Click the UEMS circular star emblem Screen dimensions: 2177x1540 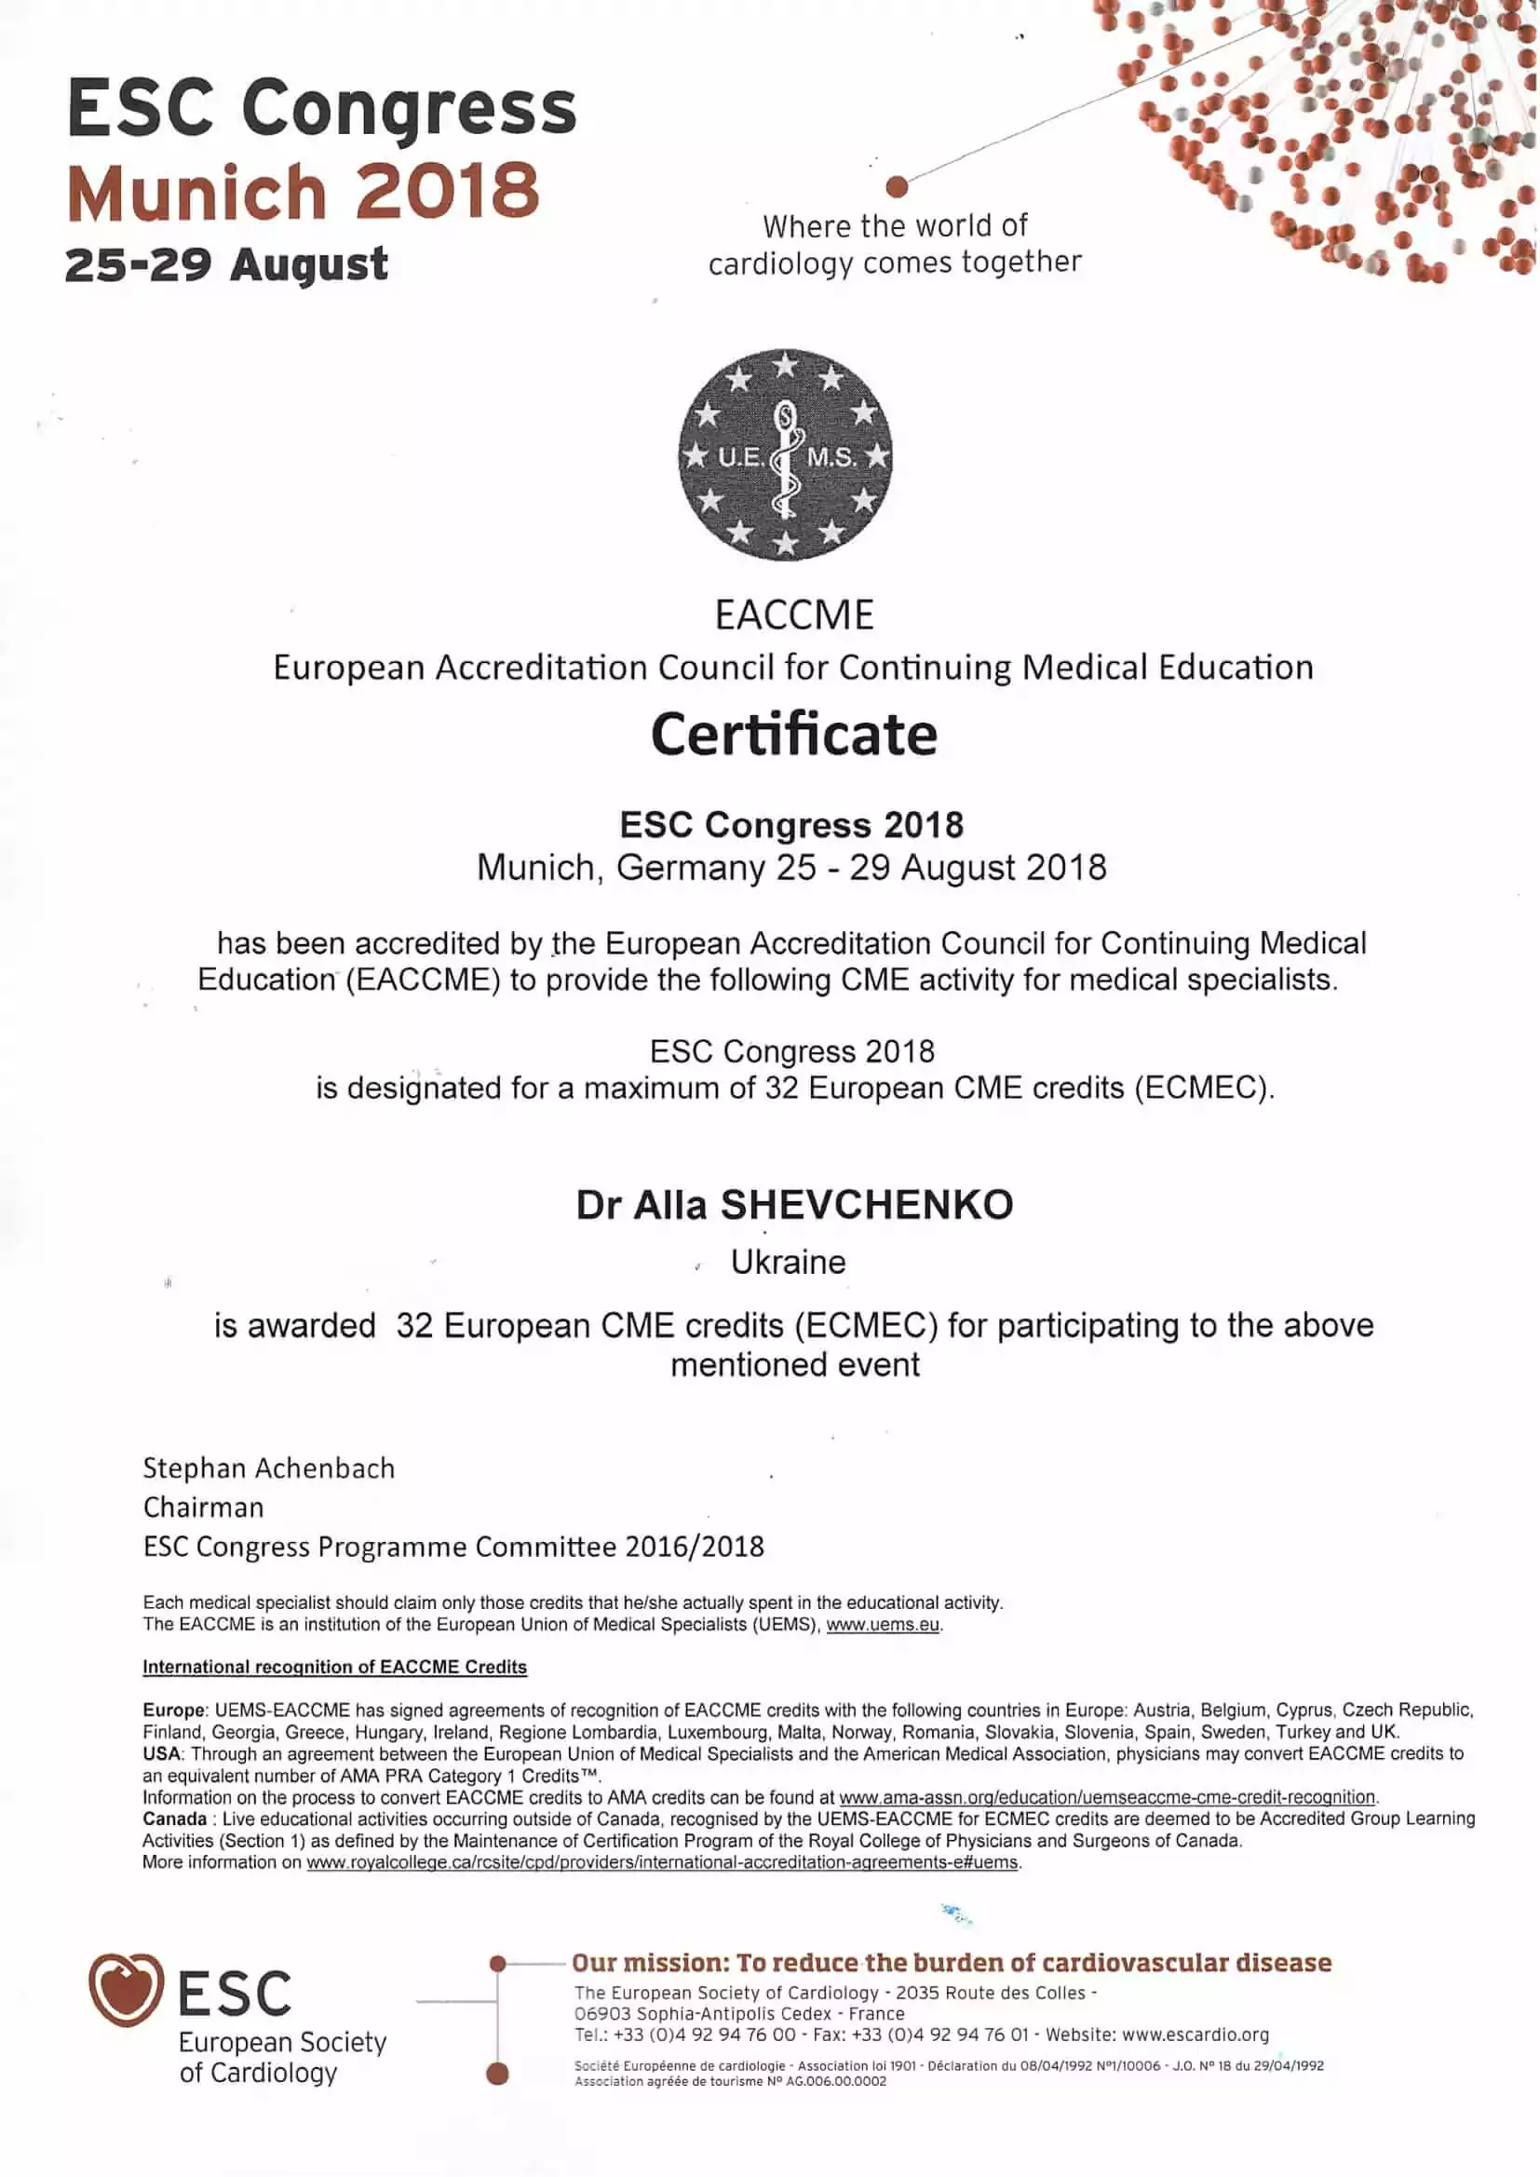[x=785, y=454]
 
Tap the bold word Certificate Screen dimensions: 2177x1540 [x=793, y=735]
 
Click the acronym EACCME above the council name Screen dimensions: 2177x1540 [x=793, y=615]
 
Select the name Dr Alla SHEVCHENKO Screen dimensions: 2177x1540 [x=793, y=1204]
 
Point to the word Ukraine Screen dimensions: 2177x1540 [x=787, y=1262]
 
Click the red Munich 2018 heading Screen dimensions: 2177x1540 [x=304, y=192]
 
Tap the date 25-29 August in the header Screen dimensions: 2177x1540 [x=226, y=264]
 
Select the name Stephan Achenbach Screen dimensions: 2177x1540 [x=268, y=1467]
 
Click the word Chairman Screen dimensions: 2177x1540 [x=203, y=1507]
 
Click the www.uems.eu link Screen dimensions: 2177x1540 [x=883, y=1624]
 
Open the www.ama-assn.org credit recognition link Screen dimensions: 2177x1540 [x=1107, y=1797]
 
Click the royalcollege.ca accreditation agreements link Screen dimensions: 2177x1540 [x=662, y=1862]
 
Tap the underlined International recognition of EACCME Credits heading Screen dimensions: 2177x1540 [x=335, y=1667]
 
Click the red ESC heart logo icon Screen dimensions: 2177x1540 [x=125, y=1988]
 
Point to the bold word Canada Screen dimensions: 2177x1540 [x=174, y=1819]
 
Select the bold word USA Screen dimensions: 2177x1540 [x=161, y=1753]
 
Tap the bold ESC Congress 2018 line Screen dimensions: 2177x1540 [x=791, y=825]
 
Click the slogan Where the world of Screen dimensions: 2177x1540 [x=894, y=226]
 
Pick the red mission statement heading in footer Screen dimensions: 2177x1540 [x=952, y=1963]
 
